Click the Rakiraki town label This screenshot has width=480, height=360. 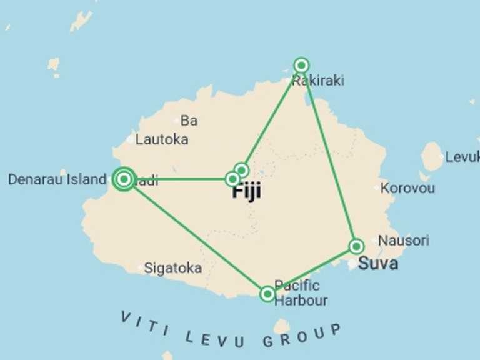point(318,81)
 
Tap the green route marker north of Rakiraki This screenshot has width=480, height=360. point(301,65)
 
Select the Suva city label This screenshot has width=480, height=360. point(377,263)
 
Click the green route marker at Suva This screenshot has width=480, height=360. point(356,246)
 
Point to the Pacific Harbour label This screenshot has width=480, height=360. point(300,293)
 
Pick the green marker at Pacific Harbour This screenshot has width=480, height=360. point(267,294)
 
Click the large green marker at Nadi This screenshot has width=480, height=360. point(124,179)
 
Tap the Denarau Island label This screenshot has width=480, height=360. point(57,179)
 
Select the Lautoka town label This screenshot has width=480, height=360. point(162,139)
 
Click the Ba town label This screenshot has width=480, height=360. point(189,120)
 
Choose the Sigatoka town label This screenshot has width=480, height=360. point(173,268)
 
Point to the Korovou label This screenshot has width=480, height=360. point(407,187)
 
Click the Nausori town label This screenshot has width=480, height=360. point(404,241)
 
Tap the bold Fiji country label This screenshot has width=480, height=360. point(246,192)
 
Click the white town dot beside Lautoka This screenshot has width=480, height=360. point(130,139)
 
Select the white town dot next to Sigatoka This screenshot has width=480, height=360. point(140,269)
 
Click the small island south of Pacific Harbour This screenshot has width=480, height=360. point(282,327)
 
